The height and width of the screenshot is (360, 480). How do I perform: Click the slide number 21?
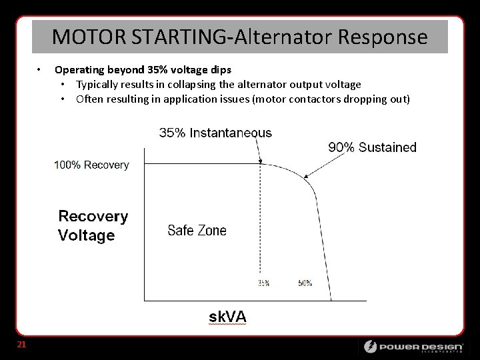tap(21, 345)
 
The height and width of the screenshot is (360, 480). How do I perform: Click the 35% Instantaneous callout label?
tap(215, 133)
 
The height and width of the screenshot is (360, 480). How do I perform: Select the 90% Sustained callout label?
tap(372, 147)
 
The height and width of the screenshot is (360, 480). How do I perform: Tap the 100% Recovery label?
tap(91, 165)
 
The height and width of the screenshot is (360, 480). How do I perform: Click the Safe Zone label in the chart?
tap(197, 231)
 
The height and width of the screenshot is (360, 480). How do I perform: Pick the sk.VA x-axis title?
tap(227, 317)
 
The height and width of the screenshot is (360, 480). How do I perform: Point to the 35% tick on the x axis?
tap(263, 283)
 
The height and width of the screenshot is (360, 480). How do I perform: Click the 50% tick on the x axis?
tap(305, 283)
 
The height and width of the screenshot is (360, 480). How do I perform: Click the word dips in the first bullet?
tap(221, 70)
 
